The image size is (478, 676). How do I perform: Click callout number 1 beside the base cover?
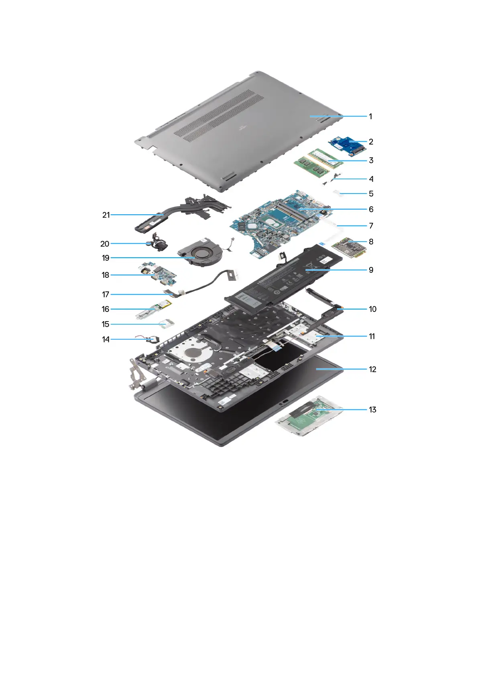click(x=370, y=116)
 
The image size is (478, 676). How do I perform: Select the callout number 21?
click(x=106, y=215)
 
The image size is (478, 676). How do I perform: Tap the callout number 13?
click(x=372, y=409)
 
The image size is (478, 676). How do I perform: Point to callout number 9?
click(x=371, y=270)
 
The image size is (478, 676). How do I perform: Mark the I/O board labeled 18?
click(x=159, y=273)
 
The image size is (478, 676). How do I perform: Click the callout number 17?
click(x=106, y=294)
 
